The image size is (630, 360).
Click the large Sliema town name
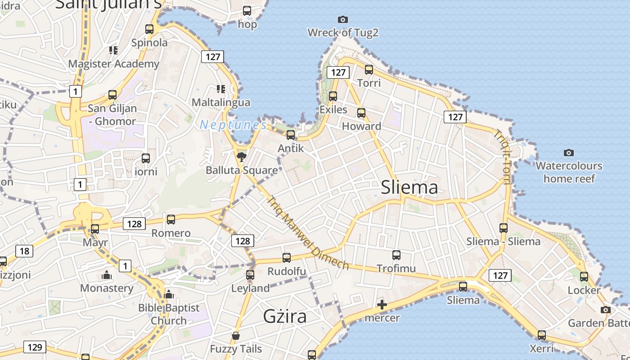click(x=409, y=187)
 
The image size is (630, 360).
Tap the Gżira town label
click(x=285, y=316)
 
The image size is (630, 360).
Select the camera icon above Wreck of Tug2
click(x=343, y=19)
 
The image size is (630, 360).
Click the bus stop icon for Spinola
click(x=149, y=29)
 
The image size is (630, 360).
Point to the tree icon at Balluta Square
click(x=242, y=157)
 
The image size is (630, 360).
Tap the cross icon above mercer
click(x=382, y=305)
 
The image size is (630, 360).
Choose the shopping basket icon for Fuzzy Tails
click(x=236, y=336)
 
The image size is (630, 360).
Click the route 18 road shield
click(x=24, y=251)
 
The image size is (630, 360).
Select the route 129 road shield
click(x=35, y=347)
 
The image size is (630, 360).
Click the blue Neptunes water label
click(x=233, y=125)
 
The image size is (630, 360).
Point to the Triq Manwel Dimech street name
click(x=308, y=233)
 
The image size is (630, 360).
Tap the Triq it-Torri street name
click(x=503, y=157)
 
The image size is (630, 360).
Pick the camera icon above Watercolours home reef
click(x=569, y=153)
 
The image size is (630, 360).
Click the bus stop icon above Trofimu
click(x=396, y=255)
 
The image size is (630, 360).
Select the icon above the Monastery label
click(x=107, y=274)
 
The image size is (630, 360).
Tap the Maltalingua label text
click(x=221, y=102)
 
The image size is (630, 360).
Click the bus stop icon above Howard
click(x=361, y=113)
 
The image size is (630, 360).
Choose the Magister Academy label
click(x=114, y=63)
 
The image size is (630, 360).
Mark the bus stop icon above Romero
click(x=171, y=220)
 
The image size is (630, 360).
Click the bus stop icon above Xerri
click(x=542, y=335)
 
